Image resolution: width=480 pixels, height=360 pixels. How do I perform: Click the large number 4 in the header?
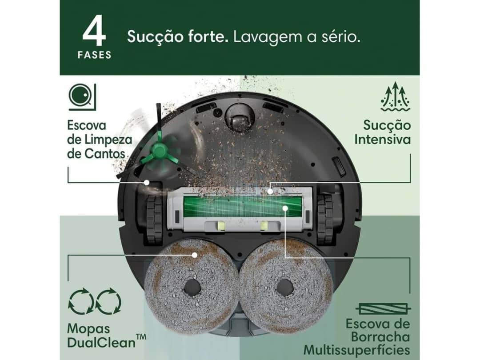pyautogui.click(x=94, y=32)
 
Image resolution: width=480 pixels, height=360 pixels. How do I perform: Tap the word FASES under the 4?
pyautogui.click(x=94, y=56)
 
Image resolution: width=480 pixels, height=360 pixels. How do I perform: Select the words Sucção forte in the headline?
pyautogui.click(x=178, y=36)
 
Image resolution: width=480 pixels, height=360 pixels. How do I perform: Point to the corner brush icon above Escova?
pyautogui.click(x=82, y=97)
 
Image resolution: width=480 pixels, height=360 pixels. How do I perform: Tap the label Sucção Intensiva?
pyautogui.click(x=382, y=132)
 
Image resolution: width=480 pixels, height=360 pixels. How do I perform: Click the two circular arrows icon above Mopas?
pyautogui.click(x=94, y=302)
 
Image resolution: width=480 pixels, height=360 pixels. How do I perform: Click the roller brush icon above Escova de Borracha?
pyautogui.click(x=383, y=308)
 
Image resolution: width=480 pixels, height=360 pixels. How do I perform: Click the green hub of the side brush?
pyautogui.click(x=159, y=152)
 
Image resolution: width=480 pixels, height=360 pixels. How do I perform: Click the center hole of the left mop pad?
pyautogui.click(x=192, y=288)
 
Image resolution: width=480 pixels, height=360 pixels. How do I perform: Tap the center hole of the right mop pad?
pyautogui.click(x=284, y=288)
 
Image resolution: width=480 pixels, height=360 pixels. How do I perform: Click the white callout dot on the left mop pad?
pyautogui.click(x=194, y=255)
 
